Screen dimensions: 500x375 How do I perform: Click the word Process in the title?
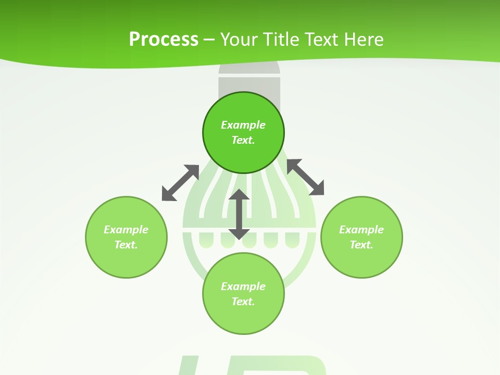pyautogui.click(x=164, y=40)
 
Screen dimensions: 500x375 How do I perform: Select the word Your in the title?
pyautogui.click(x=239, y=40)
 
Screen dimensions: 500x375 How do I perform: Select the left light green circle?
pyautogui.click(x=126, y=260)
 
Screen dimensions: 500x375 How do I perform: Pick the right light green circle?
pyautogui.click(x=361, y=260)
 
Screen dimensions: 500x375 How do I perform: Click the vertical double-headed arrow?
pyautogui.click(x=239, y=215)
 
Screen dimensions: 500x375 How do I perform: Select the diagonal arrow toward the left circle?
pyautogui.click(x=180, y=183)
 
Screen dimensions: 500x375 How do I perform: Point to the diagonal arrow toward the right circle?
pyautogui.click(x=306, y=177)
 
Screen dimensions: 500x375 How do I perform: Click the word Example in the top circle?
pyautogui.click(x=243, y=125)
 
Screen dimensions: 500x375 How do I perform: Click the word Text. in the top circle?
pyautogui.click(x=243, y=140)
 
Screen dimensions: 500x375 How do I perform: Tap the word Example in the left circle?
pyautogui.click(x=126, y=230)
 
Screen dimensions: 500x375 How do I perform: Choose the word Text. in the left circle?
pyautogui.click(x=126, y=245)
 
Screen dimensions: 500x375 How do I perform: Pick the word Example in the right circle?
pyautogui.click(x=361, y=230)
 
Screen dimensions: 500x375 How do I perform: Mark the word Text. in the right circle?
pyautogui.click(x=361, y=245)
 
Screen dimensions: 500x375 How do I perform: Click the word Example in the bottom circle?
pyautogui.click(x=243, y=286)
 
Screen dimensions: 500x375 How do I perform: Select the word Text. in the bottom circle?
pyautogui.click(x=243, y=302)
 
